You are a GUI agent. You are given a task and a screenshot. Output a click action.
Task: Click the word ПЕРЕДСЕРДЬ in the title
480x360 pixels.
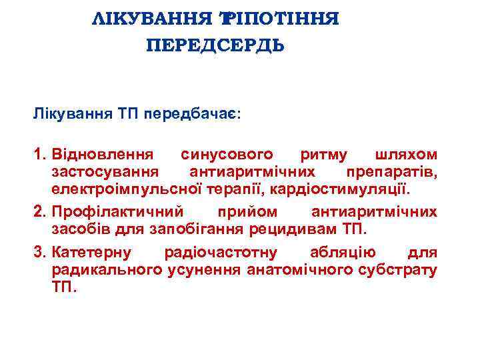point(215,46)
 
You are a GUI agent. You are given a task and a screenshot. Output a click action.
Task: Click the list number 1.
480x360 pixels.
point(39,155)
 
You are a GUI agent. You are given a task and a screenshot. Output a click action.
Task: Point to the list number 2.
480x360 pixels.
point(39,212)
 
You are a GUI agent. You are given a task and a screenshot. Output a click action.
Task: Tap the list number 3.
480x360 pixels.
point(39,253)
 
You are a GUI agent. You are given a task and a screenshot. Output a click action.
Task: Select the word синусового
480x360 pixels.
point(227,155)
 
